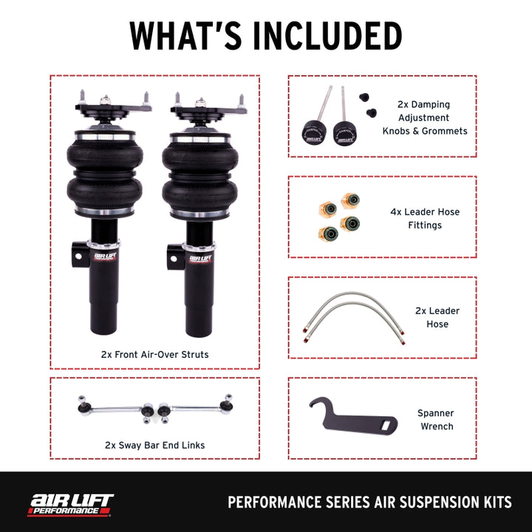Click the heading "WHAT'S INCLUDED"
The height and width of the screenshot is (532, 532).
[x=266, y=35]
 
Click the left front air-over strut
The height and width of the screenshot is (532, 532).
[x=104, y=222]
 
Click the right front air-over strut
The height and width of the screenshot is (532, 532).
[x=199, y=222]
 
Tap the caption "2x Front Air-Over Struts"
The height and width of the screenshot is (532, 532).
[x=154, y=355]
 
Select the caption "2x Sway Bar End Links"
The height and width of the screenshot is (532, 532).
[x=154, y=445]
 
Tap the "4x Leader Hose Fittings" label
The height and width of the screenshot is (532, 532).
[x=425, y=218]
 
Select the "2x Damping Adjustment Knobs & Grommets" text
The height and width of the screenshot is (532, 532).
[x=425, y=117]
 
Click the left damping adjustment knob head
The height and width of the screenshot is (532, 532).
[x=313, y=133]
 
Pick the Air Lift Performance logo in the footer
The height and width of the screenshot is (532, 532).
[x=71, y=503]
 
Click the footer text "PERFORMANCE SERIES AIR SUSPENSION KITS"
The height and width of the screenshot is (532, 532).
[x=369, y=503]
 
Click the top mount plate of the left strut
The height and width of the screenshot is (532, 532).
[x=112, y=107]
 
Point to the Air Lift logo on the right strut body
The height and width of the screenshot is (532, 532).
[x=199, y=259]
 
